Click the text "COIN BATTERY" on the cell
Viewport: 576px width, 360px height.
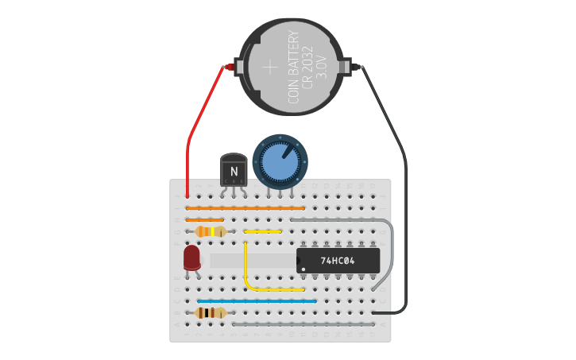pyautogui.click(x=293, y=67)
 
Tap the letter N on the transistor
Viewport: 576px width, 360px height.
pyautogui.click(x=234, y=171)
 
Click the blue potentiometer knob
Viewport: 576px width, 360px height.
pyautogui.click(x=280, y=161)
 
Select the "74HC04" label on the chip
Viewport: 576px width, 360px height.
pyautogui.click(x=338, y=261)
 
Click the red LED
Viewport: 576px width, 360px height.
pyautogui.click(x=191, y=257)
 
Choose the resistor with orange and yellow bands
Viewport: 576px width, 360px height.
pyautogui.click(x=210, y=232)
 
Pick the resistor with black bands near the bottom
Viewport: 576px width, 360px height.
pyautogui.click(x=210, y=313)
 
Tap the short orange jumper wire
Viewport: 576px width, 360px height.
pyautogui.click(x=204, y=220)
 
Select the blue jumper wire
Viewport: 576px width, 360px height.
pyautogui.click(x=257, y=301)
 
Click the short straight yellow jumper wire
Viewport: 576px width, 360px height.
pyautogui.click(x=262, y=232)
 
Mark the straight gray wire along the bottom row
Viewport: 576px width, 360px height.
pyautogui.click(x=303, y=324)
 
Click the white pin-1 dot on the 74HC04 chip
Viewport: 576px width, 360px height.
pyautogui.click(x=303, y=268)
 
